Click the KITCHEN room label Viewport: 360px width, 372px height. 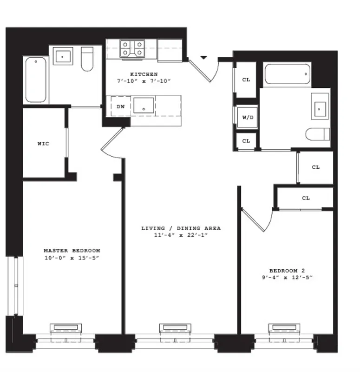tap(144, 74)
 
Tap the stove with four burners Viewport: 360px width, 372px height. tap(132, 48)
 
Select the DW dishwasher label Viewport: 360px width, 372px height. tap(120, 106)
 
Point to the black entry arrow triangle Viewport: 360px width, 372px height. tap(203, 58)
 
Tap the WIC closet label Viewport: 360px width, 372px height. tap(43, 144)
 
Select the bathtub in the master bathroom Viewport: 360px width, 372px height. tap(36, 80)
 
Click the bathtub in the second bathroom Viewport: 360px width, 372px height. tap(288, 74)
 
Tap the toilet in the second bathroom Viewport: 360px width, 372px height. tap(318, 134)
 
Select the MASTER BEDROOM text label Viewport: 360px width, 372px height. tap(72, 251)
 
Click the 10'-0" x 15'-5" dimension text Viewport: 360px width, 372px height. tap(72, 258)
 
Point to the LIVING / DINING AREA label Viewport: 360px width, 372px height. tap(181, 228)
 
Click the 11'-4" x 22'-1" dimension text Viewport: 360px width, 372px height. tap(181, 235)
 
